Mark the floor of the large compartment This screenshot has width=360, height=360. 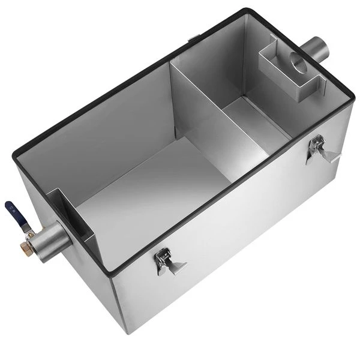click(x=150, y=192)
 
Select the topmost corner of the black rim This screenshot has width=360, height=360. click(x=245, y=10)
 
